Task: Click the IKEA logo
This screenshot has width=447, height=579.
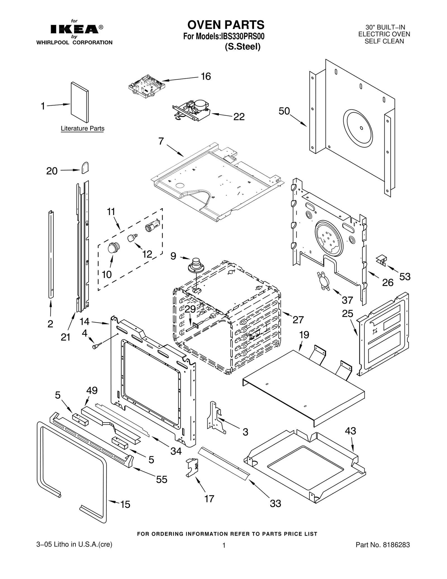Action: (74, 29)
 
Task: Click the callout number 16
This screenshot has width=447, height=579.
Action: (206, 76)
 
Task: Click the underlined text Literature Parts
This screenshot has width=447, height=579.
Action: (82, 129)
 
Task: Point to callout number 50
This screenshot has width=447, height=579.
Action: (284, 111)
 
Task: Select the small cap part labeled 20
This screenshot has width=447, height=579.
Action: (85, 168)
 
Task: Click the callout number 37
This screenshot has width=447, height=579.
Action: (347, 300)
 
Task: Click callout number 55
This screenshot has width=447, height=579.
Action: (161, 479)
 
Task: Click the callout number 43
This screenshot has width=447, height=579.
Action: (350, 431)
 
